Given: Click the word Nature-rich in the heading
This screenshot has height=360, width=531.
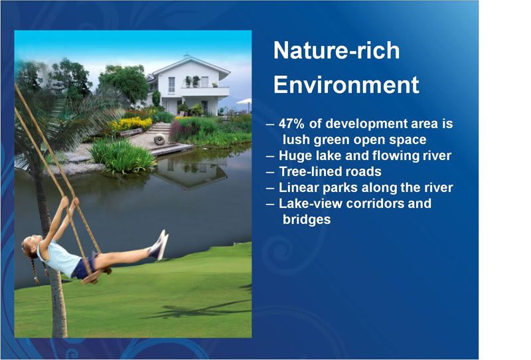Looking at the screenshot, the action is (x=337, y=50).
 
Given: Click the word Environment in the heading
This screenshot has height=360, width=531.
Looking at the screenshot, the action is (x=346, y=85).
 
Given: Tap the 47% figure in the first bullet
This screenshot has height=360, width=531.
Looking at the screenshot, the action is (x=291, y=124).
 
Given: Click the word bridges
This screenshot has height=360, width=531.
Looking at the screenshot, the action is (x=307, y=220).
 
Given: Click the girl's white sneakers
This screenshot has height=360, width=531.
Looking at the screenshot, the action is (x=159, y=244).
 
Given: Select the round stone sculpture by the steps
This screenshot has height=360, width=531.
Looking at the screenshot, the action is (x=159, y=139).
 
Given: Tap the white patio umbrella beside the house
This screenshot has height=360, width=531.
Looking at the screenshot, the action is (x=244, y=101).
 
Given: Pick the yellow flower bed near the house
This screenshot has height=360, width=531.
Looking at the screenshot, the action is (x=131, y=124).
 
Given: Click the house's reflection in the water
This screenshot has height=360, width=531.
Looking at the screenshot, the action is (x=190, y=173).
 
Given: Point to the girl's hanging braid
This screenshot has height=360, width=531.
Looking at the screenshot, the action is (x=35, y=270).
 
